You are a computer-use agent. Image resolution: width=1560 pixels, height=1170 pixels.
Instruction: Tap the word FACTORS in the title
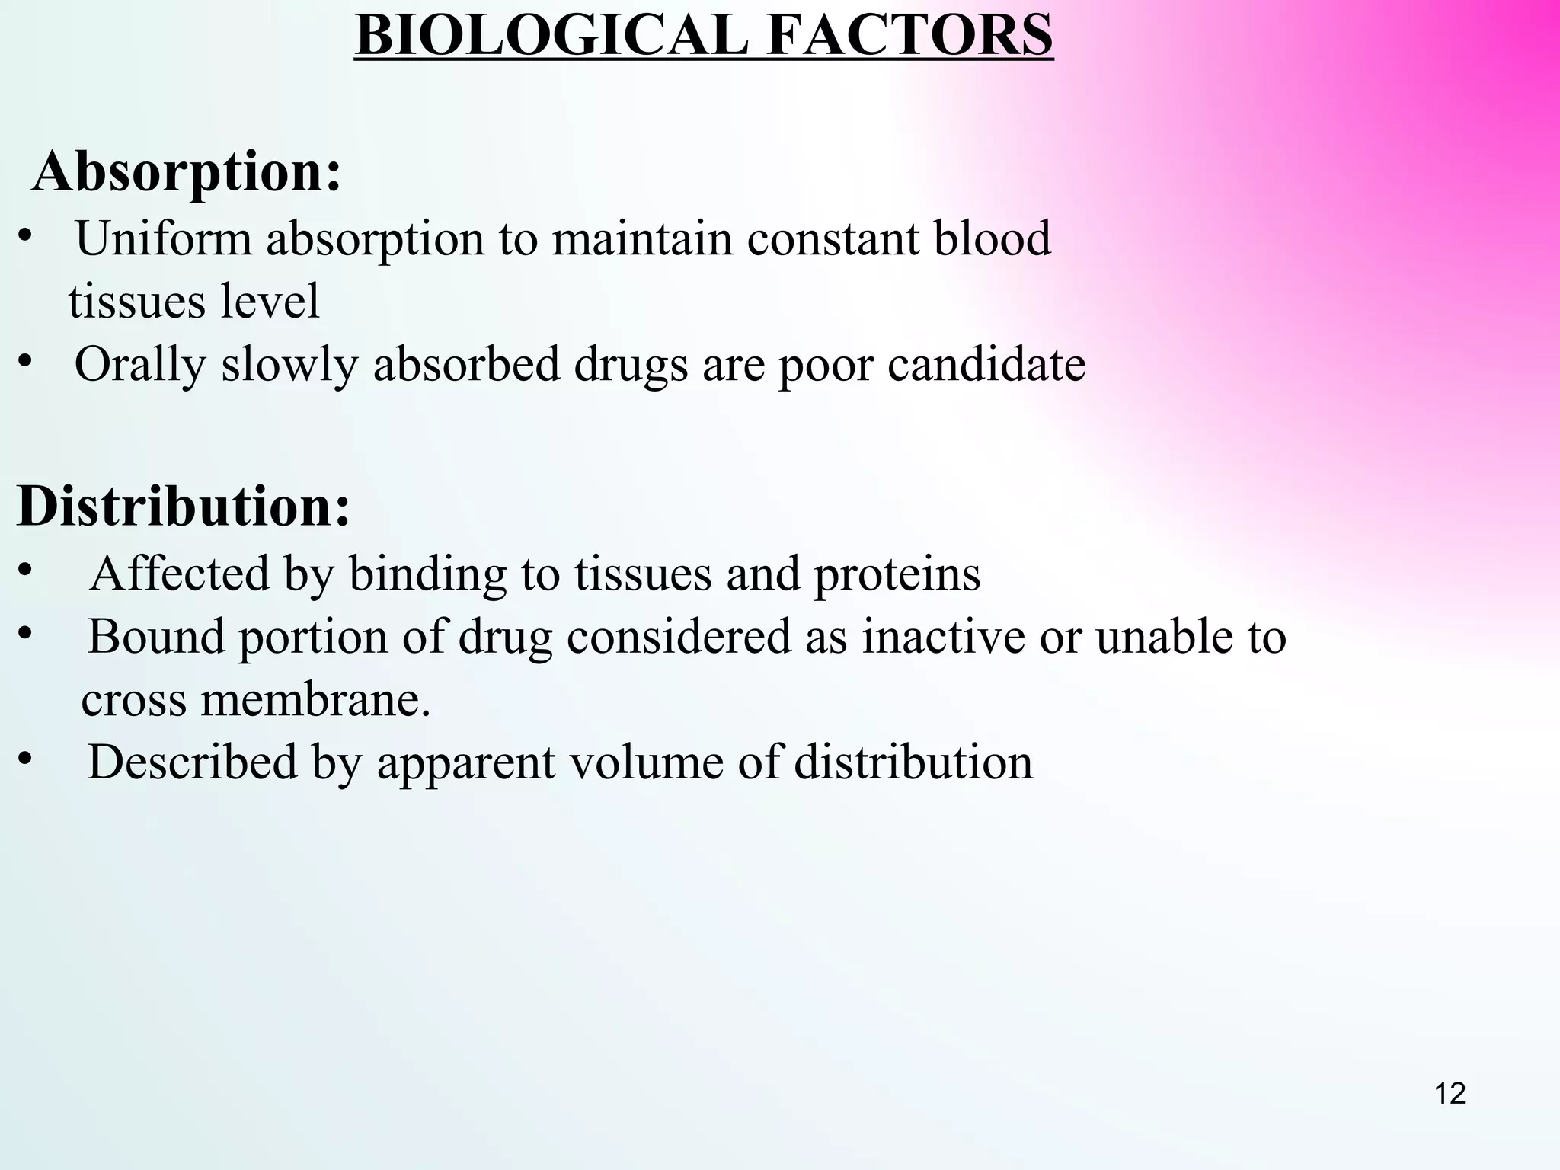pos(910,36)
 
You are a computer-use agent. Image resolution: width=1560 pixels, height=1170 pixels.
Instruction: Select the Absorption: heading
pos(187,171)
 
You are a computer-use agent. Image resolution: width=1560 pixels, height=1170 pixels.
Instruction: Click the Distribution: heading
pos(184,507)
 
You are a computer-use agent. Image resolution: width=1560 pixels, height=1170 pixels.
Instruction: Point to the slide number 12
pos(1450,1094)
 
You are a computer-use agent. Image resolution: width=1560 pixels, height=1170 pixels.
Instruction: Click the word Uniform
pos(163,238)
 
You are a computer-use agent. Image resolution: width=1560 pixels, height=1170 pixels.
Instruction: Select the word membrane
pos(315,699)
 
